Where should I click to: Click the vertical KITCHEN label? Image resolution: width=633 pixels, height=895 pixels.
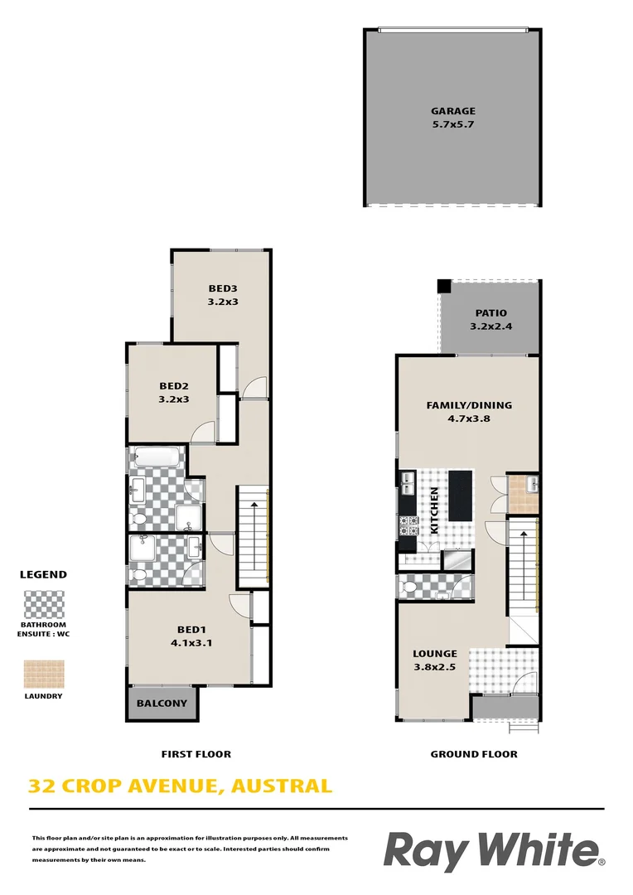(x=432, y=510)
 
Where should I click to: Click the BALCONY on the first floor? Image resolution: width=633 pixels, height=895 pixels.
(x=162, y=704)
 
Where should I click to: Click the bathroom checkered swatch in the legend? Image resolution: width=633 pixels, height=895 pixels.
(x=42, y=603)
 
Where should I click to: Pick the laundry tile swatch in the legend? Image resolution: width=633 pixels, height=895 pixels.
(x=42, y=674)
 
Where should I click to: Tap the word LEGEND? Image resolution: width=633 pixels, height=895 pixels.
(x=43, y=574)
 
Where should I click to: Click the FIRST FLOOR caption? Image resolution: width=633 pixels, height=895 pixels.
(x=196, y=754)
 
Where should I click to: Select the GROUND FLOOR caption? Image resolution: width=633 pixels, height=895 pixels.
(x=474, y=754)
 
